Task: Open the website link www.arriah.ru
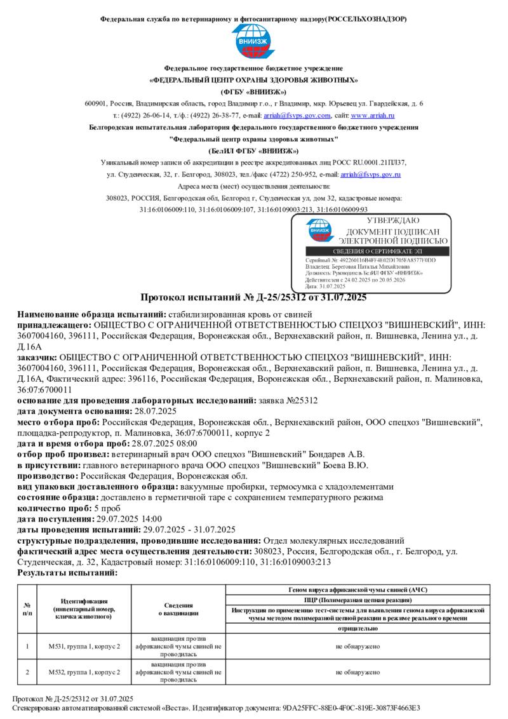[x=373, y=116]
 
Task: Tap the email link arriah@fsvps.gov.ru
[x=370, y=174]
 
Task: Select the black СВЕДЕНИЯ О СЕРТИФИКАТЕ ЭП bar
[x=371, y=252]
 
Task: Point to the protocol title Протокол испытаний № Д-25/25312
[x=253, y=297]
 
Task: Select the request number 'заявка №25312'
[x=290, y=401]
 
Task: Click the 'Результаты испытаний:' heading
[x=67, y=573]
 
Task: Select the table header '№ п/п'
[x=27, y=609]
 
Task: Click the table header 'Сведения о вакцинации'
[x=178, y=609]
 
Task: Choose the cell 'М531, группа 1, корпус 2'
[x=84, y=647]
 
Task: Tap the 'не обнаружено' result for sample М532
[x=358, y=671]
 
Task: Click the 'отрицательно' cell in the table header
[x=358, y=628]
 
